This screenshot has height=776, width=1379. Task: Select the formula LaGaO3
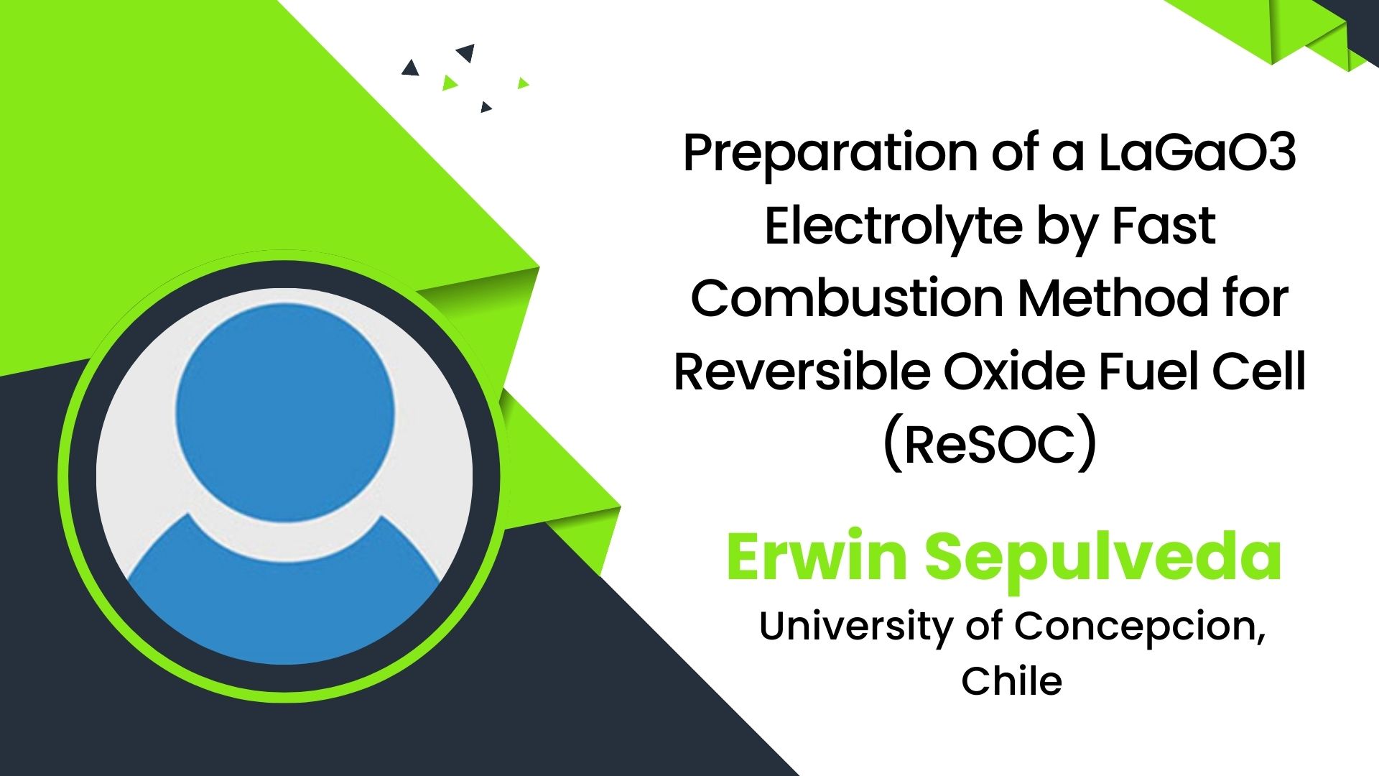(1197, 152)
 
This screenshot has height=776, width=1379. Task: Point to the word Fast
(1164, 226)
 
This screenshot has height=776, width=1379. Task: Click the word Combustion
(848, 298)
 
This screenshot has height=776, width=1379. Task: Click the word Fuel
(1148, 371)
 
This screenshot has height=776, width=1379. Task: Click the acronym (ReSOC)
(990, 445)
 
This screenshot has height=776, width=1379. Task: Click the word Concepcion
(1140, 627)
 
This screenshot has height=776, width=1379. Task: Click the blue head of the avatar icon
(285, 407)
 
